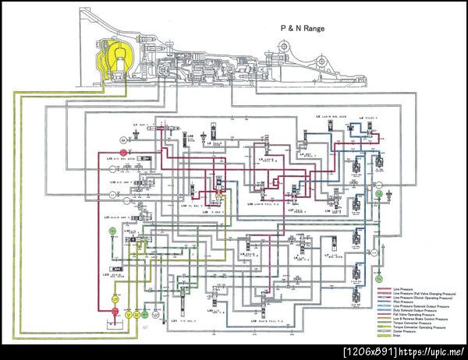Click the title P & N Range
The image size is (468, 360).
(303, 27)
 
